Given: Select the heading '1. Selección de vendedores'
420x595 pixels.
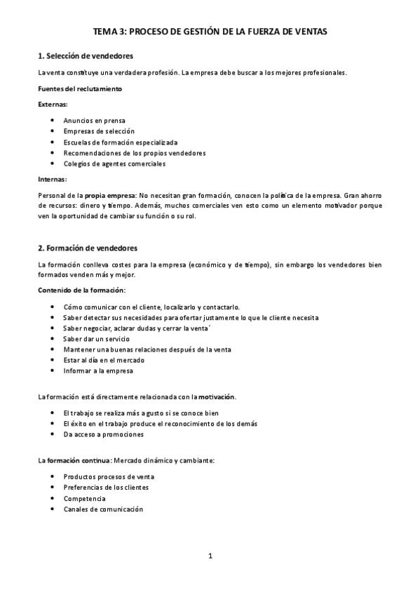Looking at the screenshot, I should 85,55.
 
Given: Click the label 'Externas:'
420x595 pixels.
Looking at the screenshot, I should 53,104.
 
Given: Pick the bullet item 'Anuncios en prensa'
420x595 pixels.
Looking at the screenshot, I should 95,121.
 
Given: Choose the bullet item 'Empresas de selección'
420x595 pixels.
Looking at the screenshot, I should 99,131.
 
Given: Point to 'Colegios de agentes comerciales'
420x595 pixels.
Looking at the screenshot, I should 114,163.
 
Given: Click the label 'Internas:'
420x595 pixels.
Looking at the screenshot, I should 52,180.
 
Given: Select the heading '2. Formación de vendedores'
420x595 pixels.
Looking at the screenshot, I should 87,248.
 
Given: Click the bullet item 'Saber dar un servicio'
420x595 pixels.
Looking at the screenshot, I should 96,339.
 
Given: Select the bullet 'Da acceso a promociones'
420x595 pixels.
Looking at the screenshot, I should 103,434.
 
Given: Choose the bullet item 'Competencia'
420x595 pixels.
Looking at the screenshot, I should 84,498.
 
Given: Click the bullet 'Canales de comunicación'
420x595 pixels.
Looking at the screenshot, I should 102,509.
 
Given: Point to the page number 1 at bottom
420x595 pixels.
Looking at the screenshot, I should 210,556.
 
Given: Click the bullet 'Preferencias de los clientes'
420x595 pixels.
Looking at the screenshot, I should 106,487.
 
